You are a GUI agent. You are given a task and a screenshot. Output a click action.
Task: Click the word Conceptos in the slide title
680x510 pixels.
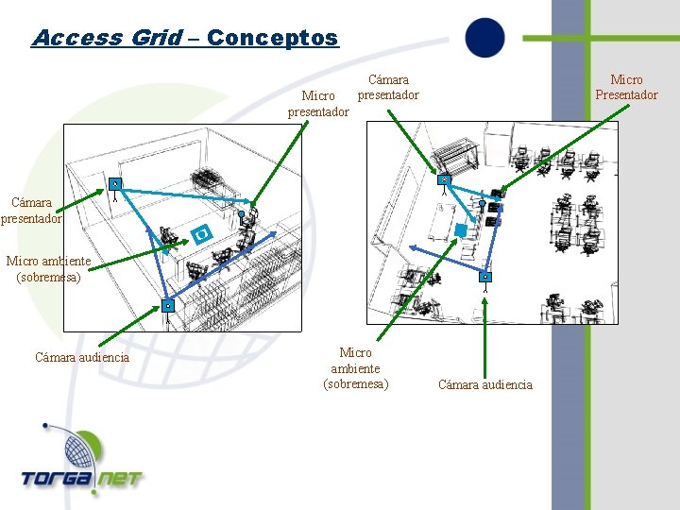pyautogui.click(x=272, y=38)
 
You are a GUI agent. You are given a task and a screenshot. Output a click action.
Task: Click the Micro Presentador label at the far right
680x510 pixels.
pyautogui.click(x=626, y=87)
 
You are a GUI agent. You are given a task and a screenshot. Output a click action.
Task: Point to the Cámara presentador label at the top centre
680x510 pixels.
pyautogui.click(x=387, y=88)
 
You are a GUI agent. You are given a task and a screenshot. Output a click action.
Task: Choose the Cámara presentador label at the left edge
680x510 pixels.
pyautogui.click(x=31, y=210)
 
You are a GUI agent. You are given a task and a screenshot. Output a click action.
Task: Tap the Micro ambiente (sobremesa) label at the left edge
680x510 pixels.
pyautogui.click(x=48, y=268)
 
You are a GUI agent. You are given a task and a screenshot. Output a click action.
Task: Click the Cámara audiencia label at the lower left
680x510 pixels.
pyautogui.click(x=82, y=357)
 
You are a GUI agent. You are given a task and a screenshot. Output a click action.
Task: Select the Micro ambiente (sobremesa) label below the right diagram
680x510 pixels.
pyautogui.click(x=356, y=367)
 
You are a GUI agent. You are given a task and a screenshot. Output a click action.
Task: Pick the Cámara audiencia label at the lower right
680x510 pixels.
pyautogui.click(x=484, y=384)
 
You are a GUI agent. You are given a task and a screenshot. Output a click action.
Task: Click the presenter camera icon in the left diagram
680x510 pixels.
pyautogui.click(x=113, y=183)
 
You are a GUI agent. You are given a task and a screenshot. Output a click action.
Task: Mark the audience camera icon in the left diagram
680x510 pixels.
pyautogui.click(x=166, y=305)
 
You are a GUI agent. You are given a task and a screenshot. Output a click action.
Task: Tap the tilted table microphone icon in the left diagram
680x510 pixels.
pyautogui.click(x=199, y=232)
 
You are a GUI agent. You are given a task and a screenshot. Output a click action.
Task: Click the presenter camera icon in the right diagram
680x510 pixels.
pyautogui.click(x=443, y=179)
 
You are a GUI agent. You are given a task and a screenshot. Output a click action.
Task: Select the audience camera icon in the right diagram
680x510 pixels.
pyautogui.click(x=484, y=277)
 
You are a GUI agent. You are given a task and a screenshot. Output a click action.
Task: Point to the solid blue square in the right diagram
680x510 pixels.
pyautogui.click(x=461, y=229)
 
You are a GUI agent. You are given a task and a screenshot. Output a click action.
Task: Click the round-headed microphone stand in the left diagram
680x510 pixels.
pyautogui.click(x=242, y=216)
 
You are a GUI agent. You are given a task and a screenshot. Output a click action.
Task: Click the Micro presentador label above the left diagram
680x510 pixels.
pyautogui.click(x=318, y=103)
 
